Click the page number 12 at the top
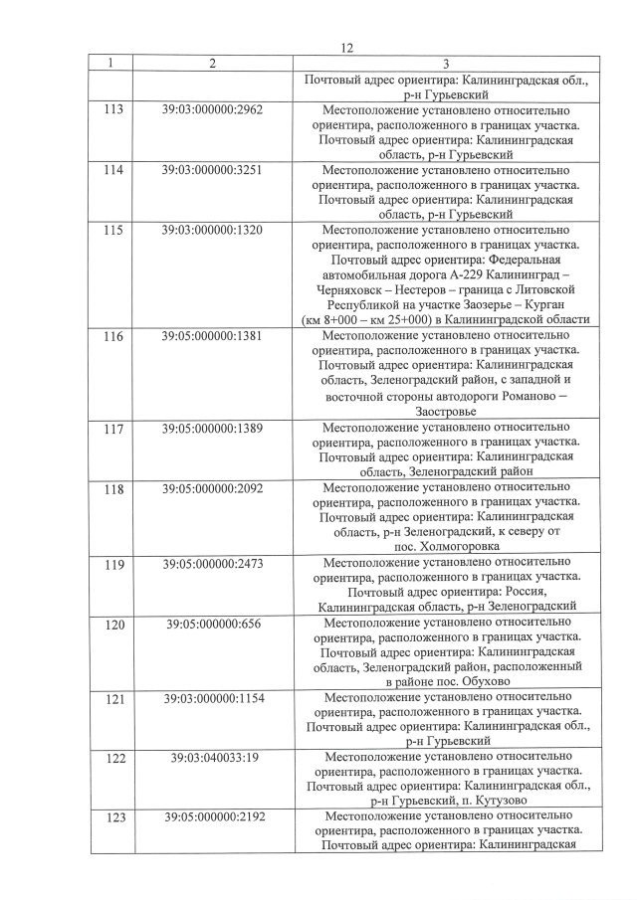click(347, 48)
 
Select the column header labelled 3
click(446, 64)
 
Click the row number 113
click(112, 109)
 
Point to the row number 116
click(112, 336)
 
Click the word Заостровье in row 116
click(446, 411)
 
